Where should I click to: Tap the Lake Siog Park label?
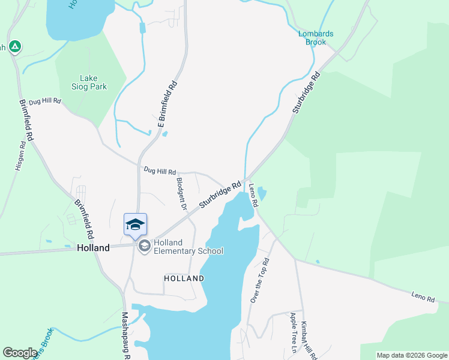93,82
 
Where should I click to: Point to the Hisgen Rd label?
20,155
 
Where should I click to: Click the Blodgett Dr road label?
181,193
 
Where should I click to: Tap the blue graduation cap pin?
135,224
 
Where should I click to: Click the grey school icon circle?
144,246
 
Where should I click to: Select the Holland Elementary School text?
188,247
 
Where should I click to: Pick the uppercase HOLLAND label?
184,278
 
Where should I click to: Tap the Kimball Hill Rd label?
309,341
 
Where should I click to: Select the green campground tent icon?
15,46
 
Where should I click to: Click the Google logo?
20,353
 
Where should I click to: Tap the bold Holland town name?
93,247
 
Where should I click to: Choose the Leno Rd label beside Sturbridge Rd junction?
253,196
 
